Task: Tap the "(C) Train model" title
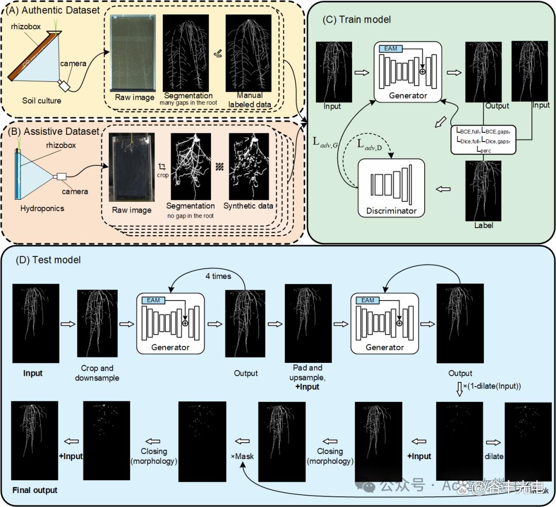tap(356, 20)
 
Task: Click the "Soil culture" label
tap(41, 100)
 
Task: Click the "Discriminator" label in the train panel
tap(391, 211)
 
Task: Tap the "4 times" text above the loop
tap(218, 276)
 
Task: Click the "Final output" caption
tap(35, 490)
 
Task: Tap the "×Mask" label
tap(243, 457)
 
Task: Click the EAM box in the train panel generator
tap(390, 48)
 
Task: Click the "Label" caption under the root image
tap(482, 225)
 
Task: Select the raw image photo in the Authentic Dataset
tap(134, 53)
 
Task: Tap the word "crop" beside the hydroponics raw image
tap(163, 175)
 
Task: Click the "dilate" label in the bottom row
tap(493, 457)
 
